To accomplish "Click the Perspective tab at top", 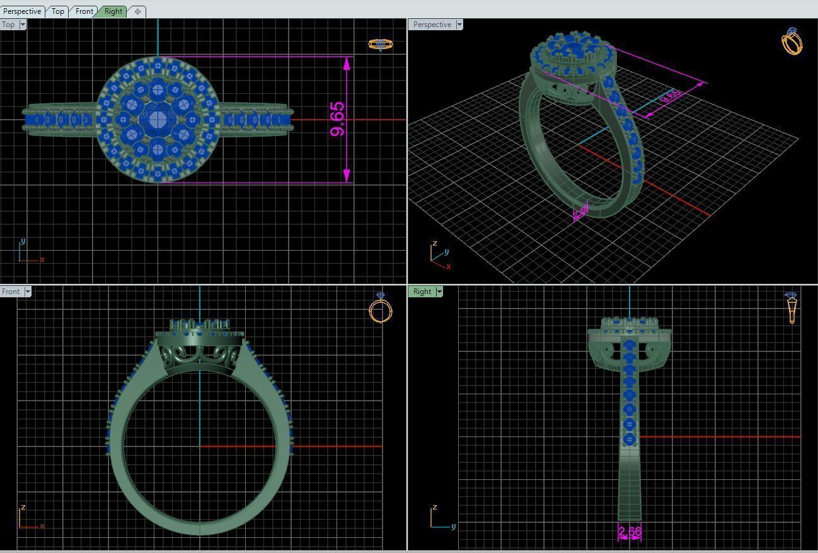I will [x=22, y=11].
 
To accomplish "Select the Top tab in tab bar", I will [x=58, y=11].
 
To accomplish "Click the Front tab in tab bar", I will [x=84, y=11].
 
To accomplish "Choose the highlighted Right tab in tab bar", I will [x=113, y=11].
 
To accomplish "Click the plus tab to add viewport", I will [x=137, y=11].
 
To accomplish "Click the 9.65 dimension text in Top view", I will [x=337, y=119].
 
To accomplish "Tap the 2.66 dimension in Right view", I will [x=630, y=532].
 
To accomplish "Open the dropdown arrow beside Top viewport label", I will [x=23, y=25].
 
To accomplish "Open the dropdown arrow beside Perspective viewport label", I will [x=459, y=25].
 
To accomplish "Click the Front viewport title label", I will [x=11, y=292].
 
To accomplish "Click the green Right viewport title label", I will [x=422, y=292].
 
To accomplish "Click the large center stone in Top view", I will [x=157, y=118].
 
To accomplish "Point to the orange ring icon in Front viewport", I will [x=380, y=309].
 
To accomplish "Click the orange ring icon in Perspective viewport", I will [x=792, y=41].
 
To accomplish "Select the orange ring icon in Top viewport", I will [x=380, y=44].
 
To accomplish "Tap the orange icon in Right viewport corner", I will [x=792, y=307].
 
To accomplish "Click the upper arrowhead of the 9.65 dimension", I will [x=347, y=64].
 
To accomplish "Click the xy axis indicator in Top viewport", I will [x=28, y=252].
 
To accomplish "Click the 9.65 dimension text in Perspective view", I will [x=671, y=96].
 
